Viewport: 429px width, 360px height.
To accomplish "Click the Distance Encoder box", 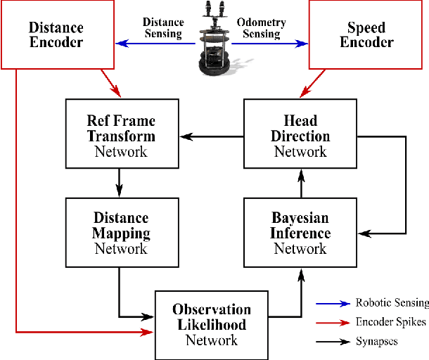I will pyautogui.click(x=56, y=35).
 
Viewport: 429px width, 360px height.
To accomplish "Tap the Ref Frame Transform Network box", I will pyautogui.click(x=121, y=135).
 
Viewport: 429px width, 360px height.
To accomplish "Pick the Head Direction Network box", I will pyautogui.click(x=300, y=135).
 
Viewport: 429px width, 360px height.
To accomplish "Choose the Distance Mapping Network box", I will pyautogui.click(x=121, y=233).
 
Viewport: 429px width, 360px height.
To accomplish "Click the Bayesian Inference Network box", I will pyautogui.click(x=300, y=233).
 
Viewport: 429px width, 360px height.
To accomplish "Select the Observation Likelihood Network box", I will pyautogui.click(x=212, y=324).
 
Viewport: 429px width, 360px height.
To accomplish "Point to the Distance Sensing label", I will pyautogui.click(x=162, y=27).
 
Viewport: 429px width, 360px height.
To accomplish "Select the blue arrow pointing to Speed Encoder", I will pyautogui.click(x=271, y=44).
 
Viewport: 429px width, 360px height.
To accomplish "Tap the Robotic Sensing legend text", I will pyautogui.click(x=392, y=303).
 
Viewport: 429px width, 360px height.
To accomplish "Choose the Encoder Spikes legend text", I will pyautogui.click(x=390, y=322).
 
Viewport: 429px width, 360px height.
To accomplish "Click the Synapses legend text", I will pyautogui.click(x=377, y=341).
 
